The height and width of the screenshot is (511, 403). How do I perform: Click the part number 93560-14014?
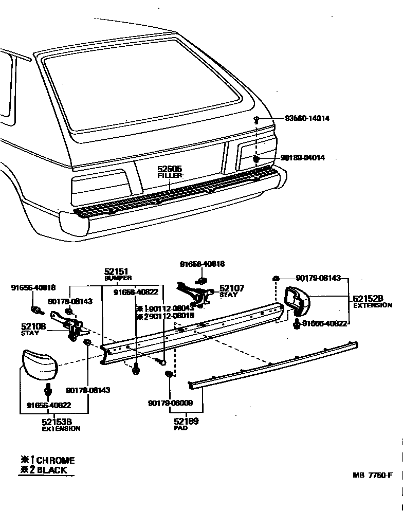[x=307, y=118]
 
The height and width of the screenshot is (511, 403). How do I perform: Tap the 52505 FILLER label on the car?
[x=170, y=172]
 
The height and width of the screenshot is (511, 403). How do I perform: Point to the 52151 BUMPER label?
[x=117, y=273]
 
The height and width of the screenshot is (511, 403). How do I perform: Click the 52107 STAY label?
[x=232, y=291]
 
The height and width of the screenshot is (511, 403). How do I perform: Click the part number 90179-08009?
[x=170, y=403]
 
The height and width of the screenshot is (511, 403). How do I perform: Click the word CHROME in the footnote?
[x=55, y=460]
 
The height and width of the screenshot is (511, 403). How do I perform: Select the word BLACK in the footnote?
[x=51, y=470]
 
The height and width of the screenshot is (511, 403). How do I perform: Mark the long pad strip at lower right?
[x=272, y=364]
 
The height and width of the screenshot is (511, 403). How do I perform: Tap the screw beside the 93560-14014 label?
[x=256, y=120]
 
